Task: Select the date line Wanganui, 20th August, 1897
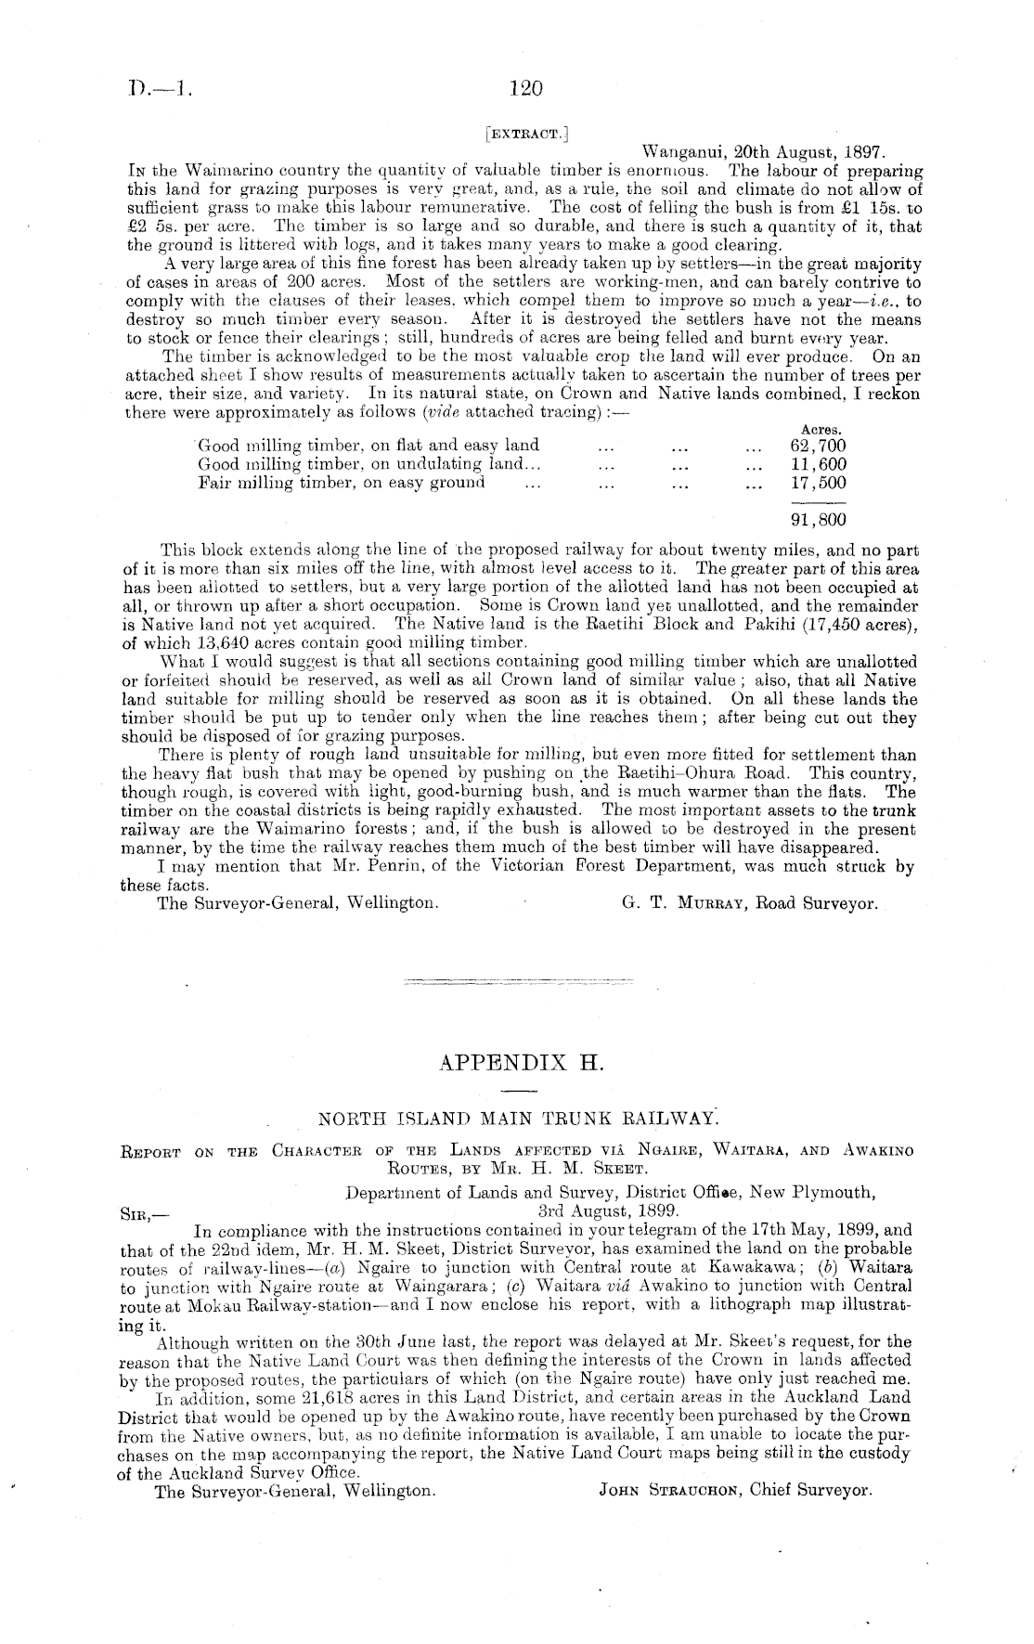tap(765, 151)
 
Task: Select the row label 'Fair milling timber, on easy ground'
tap(342, 483)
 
